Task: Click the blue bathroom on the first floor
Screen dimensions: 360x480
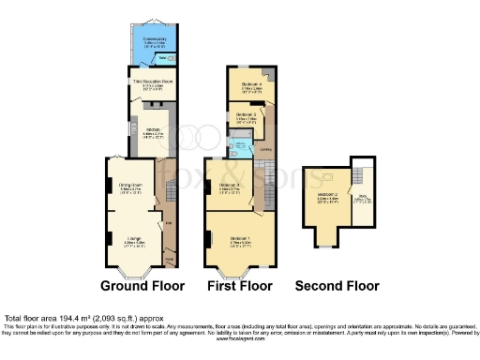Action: [241, 146]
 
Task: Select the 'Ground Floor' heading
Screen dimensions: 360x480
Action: [142, 286]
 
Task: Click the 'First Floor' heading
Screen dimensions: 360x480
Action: [240, 286]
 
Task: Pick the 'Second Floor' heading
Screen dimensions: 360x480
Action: [337, 286]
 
